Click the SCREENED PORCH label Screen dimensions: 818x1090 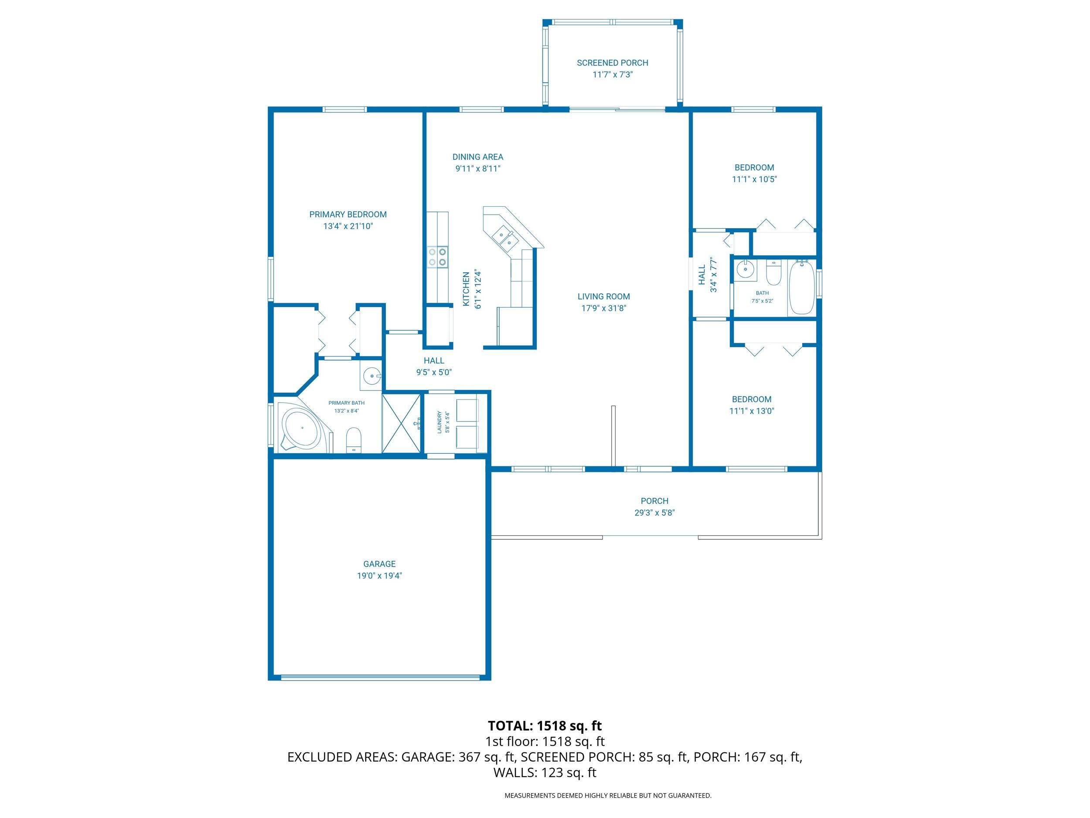[612, 63]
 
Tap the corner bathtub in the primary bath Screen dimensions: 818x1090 [302, 428]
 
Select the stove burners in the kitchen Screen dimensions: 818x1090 [438, 257]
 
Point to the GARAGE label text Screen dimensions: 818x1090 [379, 564]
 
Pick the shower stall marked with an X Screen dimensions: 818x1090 [402, 423]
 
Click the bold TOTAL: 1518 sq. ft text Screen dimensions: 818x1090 [545, 726]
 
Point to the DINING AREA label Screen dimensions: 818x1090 [477, 157]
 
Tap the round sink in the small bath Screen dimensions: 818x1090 [745, 269]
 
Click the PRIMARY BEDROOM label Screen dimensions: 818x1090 [347, 215]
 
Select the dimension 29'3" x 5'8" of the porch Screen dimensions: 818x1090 [654, 513]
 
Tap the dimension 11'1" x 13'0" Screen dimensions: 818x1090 [752, 411]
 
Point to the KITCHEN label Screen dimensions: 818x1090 [466, 289]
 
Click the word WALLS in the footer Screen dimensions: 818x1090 [515, 773]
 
